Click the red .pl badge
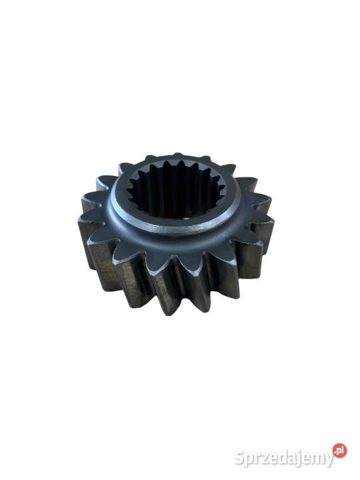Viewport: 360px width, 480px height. [340, 450]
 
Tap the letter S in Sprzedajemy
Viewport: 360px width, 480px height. [240, 458]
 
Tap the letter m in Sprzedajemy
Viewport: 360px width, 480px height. [316, 460]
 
